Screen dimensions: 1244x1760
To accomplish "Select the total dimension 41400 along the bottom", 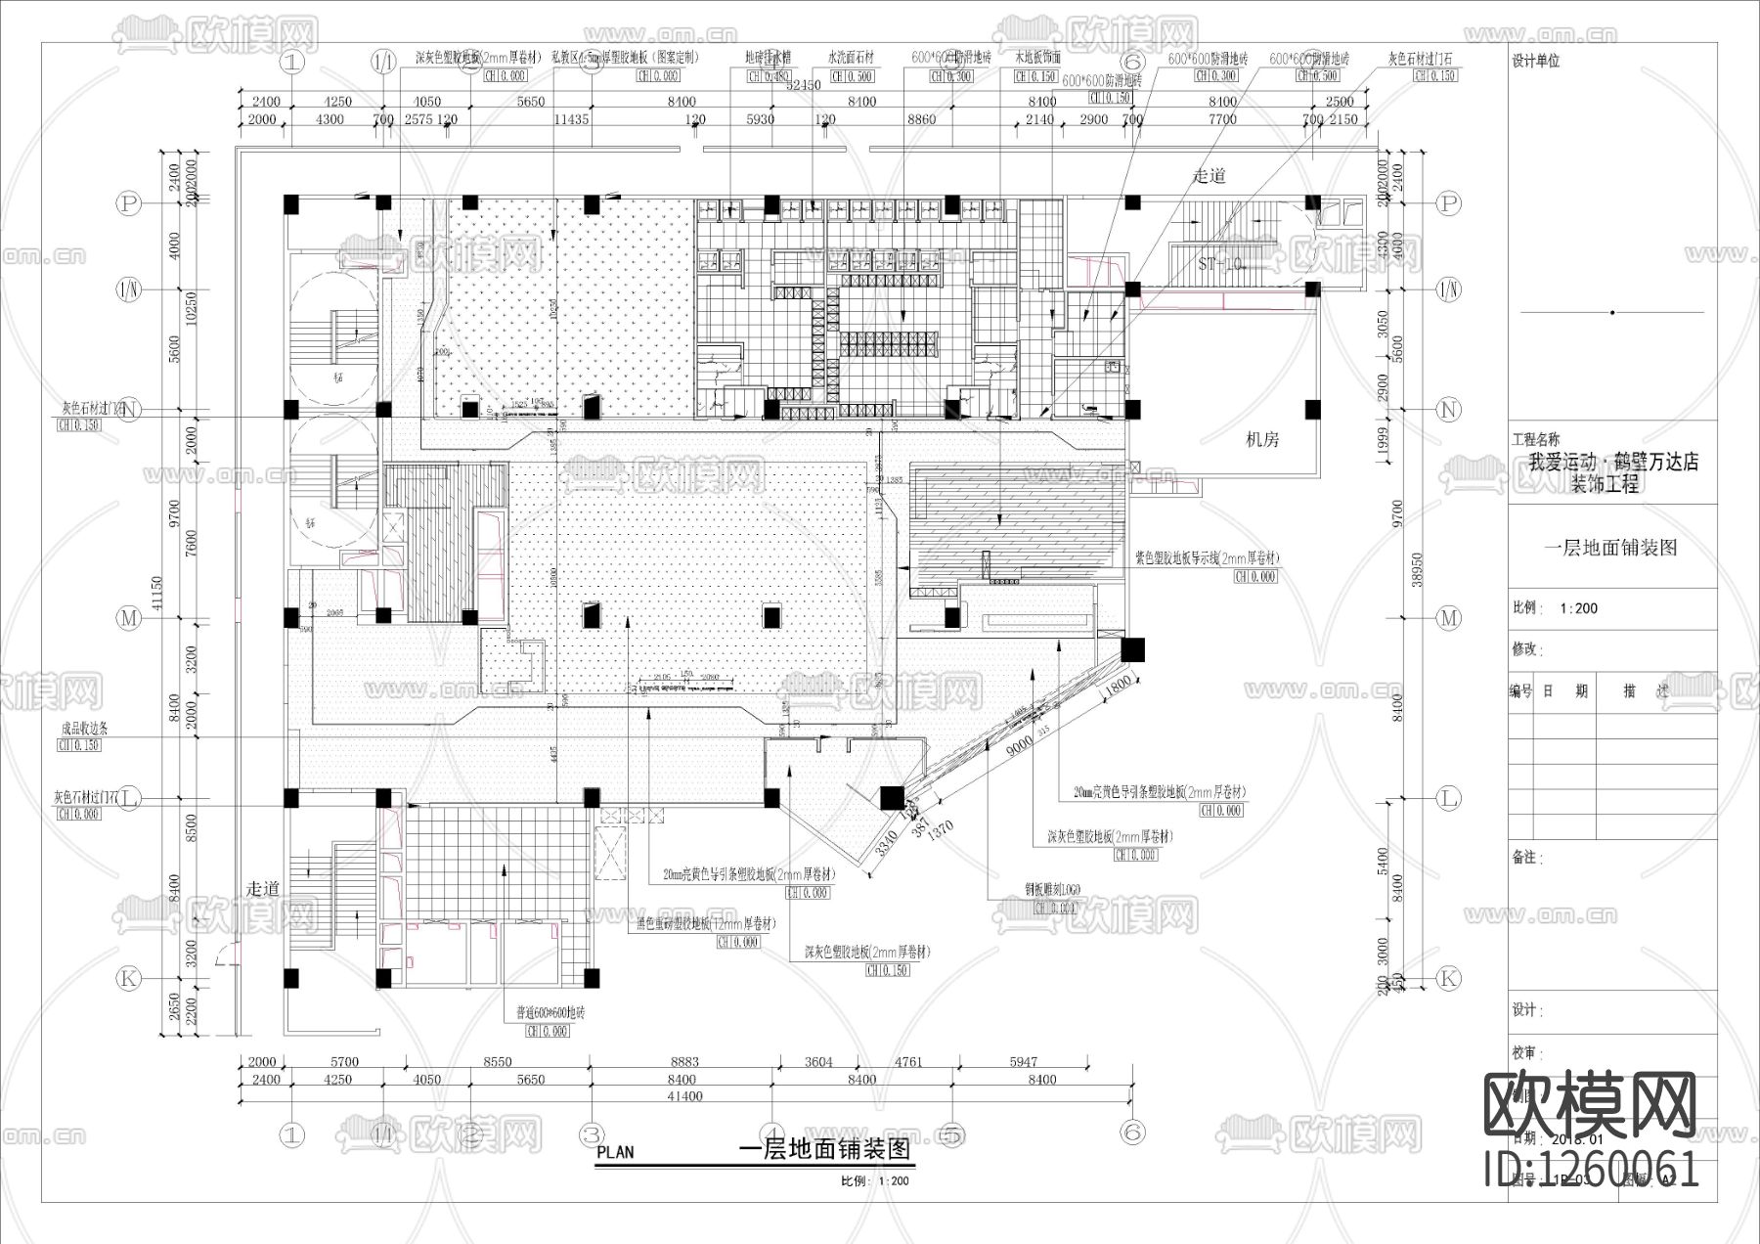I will pos(684,1096).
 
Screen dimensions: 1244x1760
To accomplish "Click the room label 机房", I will pos(1262,440).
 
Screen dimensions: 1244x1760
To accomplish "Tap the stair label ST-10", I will pos(1219,264).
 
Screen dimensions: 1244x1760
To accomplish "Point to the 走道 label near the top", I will pos(1210,176).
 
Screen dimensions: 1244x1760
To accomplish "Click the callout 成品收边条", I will pos(85,729).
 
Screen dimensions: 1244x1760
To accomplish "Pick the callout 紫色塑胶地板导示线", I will pos(1207,558).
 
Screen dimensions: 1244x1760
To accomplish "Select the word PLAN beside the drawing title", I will pos(615,1152).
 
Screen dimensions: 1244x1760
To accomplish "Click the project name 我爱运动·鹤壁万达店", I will pos(1614,462).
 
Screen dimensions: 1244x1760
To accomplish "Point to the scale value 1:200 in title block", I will pos(1578,608).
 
